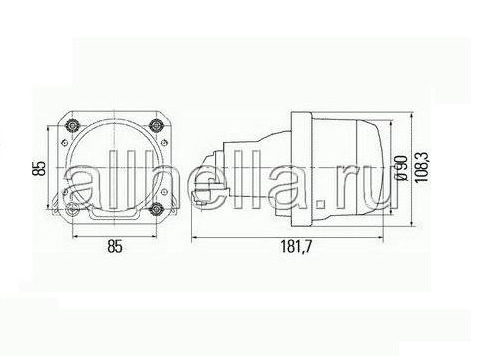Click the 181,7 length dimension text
(x=296, y=247)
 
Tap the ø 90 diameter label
(x=401, y=168)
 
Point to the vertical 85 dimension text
(x=40, y=168)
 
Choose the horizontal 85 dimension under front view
(x=115, y=247)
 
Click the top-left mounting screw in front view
(x=73, y=125)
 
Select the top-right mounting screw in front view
(x=156, y=125)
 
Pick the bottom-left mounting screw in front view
(x=72, y=210)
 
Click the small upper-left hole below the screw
(x=65, y=143)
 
